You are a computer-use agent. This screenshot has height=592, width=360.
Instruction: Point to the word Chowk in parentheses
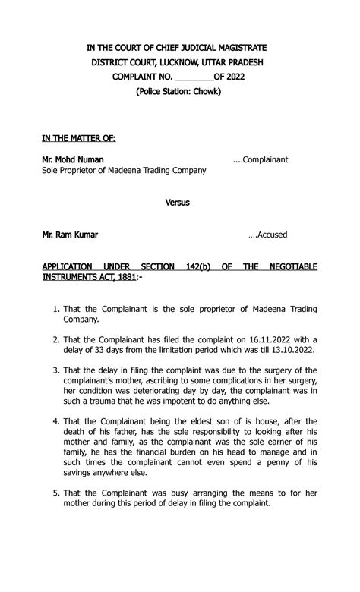(204, 92)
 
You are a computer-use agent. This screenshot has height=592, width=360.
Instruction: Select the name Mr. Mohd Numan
(73, 159)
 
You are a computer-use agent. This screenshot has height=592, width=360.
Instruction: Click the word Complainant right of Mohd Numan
(265, 159)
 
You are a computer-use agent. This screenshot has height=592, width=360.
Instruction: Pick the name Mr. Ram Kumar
(70, 235)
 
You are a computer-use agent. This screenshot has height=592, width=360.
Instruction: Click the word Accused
(272, 235)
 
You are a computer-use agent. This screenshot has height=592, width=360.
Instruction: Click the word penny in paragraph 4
(271, 461)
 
